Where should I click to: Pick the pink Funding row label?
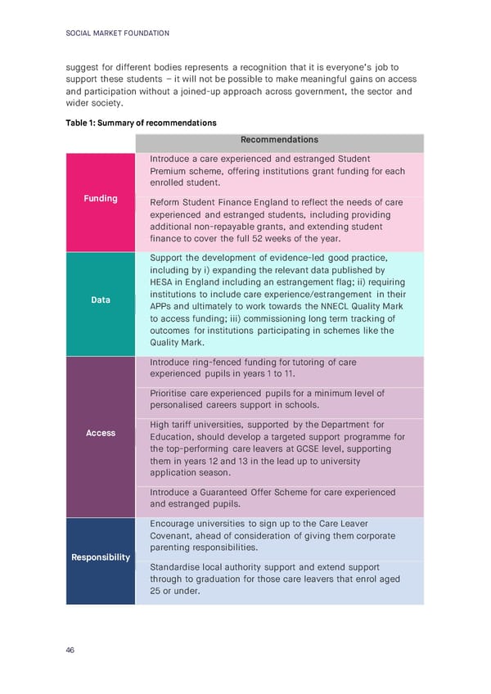coord(101,198)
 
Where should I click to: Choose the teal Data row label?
coord(101,300)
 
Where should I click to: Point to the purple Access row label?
coord(101,433)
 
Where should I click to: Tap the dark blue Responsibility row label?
coord(101,557)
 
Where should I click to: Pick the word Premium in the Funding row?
coord(171,171)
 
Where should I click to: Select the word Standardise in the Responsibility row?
coord(178,567)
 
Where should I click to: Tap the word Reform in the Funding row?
coord(166,202)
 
